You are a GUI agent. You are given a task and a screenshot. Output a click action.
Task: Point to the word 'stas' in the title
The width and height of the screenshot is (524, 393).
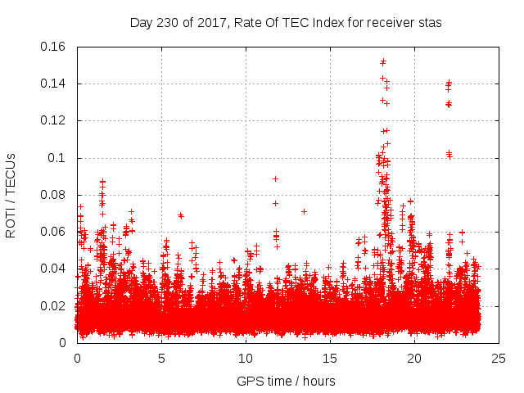[429, 23]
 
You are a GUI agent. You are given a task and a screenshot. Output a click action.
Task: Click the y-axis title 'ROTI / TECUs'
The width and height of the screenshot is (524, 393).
[11, 195]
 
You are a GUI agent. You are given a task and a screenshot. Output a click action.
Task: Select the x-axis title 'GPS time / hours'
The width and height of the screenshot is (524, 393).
[286, 381]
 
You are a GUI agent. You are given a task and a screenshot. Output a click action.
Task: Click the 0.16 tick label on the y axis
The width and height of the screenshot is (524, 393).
[53, 47]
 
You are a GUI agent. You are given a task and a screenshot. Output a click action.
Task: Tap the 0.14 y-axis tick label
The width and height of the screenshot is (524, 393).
[53, 84]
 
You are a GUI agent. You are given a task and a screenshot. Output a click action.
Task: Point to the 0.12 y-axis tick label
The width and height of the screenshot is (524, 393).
[53, 120]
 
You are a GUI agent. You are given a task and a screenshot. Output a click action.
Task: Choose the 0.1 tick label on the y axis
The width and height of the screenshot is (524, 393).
[57, 158]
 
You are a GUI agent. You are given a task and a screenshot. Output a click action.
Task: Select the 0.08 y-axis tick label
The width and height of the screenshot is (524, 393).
[53, 195]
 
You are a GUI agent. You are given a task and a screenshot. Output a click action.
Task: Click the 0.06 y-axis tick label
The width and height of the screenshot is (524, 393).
[53, 232]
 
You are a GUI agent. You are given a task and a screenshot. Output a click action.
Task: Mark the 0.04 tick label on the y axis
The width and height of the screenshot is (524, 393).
[53, 269]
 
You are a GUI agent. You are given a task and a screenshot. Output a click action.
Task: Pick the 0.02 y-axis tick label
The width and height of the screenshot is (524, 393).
[53, 306]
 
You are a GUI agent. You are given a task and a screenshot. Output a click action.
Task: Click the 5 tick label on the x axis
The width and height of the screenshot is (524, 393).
[161, 358]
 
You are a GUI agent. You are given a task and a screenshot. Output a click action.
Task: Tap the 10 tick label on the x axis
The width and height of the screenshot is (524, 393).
[246, 358]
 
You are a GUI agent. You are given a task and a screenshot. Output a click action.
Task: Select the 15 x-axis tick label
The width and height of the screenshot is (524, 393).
[330, 358]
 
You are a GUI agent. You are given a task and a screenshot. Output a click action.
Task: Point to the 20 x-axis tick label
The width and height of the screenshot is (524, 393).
[414, 358]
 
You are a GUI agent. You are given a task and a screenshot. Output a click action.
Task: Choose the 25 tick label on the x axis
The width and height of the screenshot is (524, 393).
[499, 358]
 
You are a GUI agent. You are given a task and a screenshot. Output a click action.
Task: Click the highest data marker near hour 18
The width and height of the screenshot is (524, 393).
[383, 61]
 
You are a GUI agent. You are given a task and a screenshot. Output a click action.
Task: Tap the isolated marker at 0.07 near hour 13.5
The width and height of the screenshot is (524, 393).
[304, 211]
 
